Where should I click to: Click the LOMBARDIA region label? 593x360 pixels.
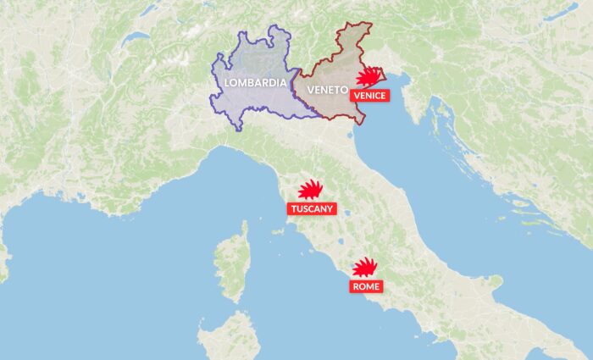[x=252, y=82]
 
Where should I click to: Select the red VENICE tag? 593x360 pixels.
[x=370, y=96]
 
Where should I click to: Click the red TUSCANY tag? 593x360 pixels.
[x=312, y=208]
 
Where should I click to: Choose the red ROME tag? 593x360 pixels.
[x=366, y=287]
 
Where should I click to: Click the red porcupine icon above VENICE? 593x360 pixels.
[x=367, y=78]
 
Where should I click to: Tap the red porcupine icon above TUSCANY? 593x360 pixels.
[x=311, y=190]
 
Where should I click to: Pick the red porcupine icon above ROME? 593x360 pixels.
[x=365, y=268]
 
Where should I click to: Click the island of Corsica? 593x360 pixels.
[x=232, y=263]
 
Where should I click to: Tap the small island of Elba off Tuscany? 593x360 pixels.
[x=273, y=230]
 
